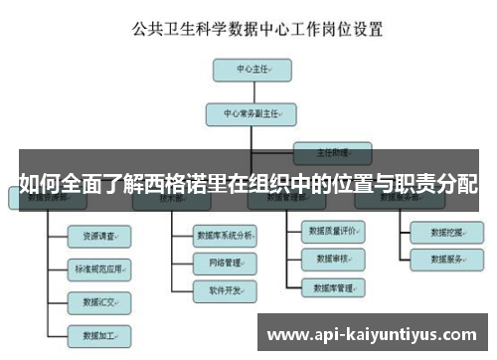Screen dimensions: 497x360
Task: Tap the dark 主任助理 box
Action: click(x=331, y=153)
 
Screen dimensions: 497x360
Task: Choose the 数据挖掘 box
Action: click(x=447, y=233)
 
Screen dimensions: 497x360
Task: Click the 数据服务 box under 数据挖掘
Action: click(x=447, y=261)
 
